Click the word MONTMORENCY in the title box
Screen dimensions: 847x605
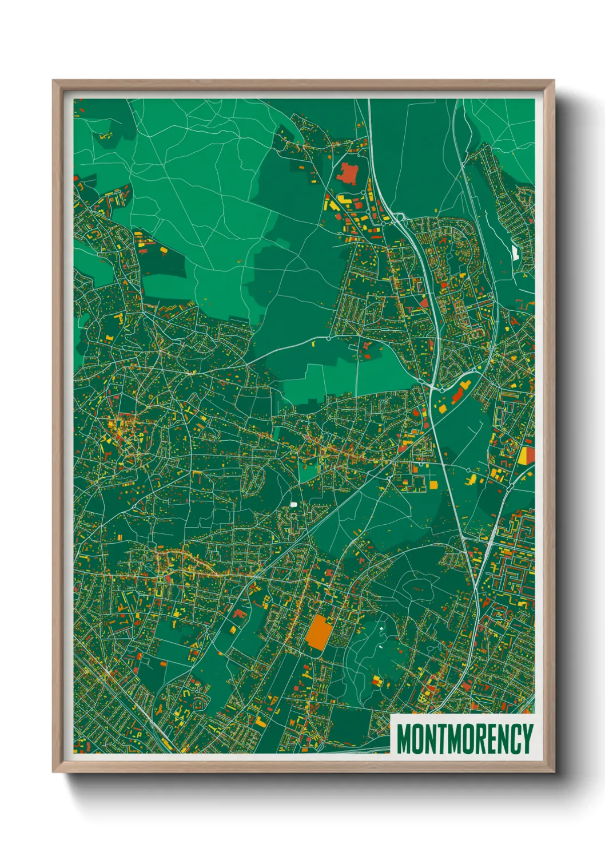pos(464,739)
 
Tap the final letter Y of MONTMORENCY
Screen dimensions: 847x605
pos(528,739)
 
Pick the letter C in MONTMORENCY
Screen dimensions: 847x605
pos(515,739)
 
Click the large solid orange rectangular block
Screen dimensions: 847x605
pos(319,632)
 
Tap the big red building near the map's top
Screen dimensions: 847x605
pos(347,172)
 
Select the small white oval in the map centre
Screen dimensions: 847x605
pos(294,505)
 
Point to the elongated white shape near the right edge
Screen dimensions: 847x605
pos(515,252)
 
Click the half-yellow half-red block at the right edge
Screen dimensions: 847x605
pos(526,456)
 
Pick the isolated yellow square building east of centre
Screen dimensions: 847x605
pos(433,485)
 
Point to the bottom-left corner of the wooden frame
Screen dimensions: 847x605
pos(53,772)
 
